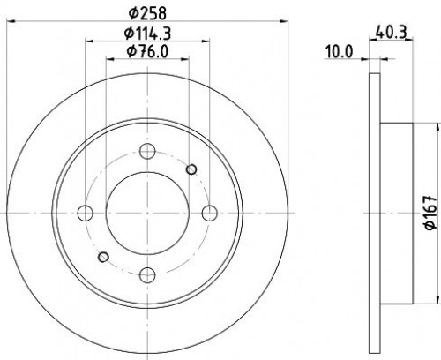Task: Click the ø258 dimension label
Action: (147, 13)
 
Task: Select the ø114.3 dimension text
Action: (147, 33)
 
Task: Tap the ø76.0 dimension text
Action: (147, 52)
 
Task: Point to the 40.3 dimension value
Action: (392, 33)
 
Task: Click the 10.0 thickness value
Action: (339, 52)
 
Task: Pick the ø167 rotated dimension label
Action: (430, 213)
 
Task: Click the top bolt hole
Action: (147, 151)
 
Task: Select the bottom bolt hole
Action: (147, 275)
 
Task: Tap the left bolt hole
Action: (86, 214)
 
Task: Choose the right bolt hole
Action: (210, 214)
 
